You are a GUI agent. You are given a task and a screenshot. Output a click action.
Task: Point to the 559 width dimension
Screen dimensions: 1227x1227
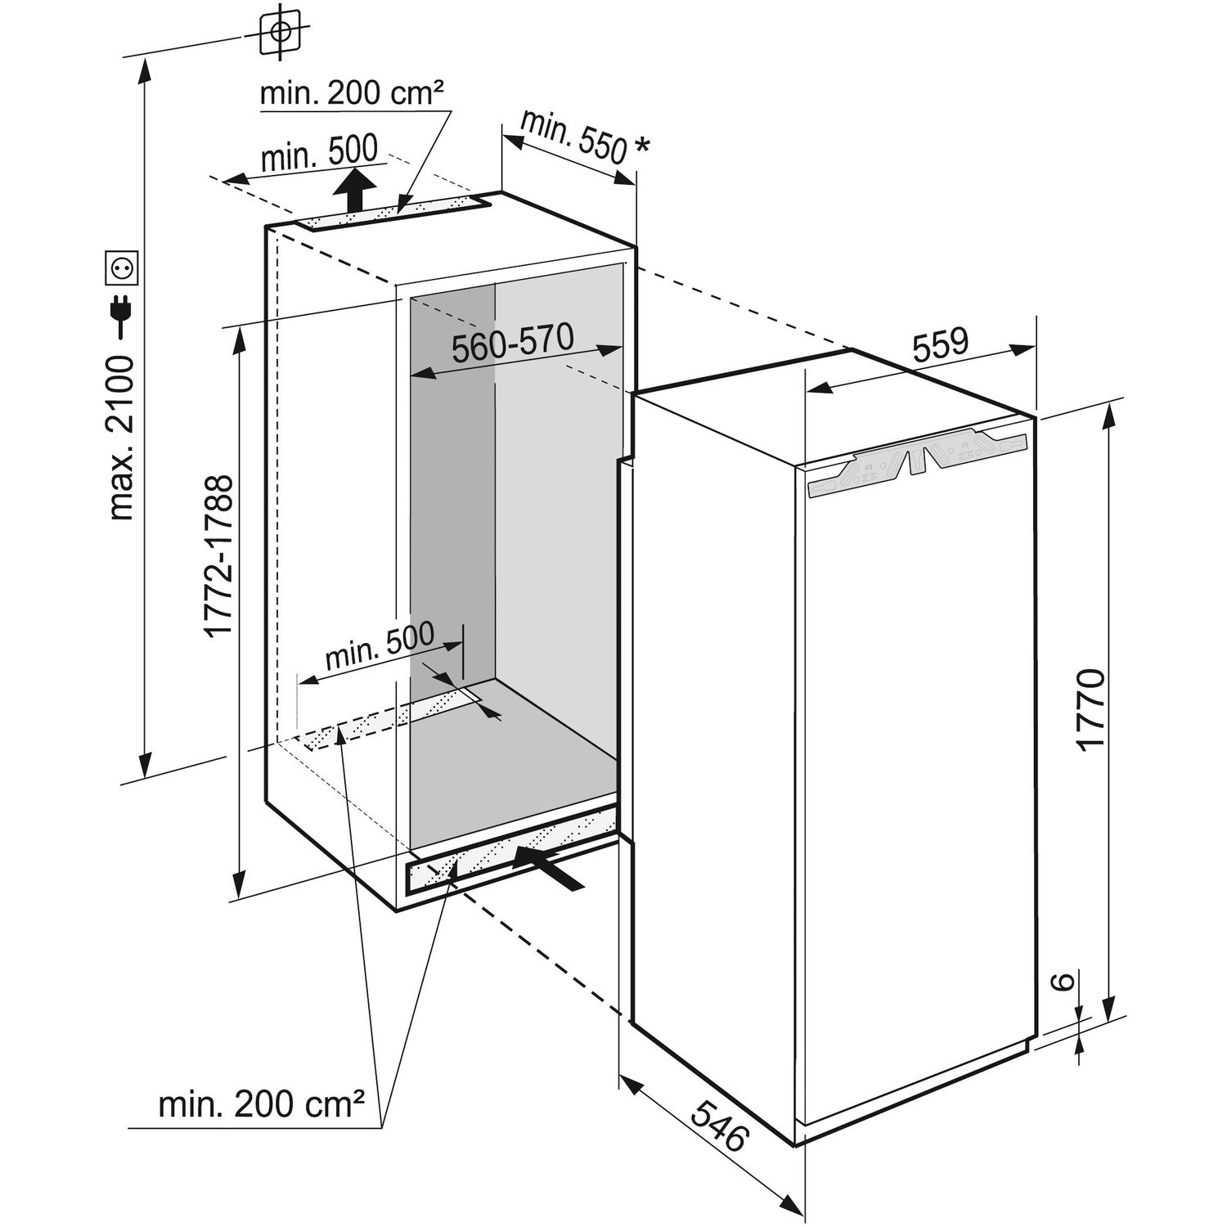(x=940, y=345)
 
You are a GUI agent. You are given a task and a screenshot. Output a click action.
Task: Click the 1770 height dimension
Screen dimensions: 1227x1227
(x=1091, y=708)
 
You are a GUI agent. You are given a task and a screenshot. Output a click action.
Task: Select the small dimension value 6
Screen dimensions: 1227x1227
(x=1060, y=982)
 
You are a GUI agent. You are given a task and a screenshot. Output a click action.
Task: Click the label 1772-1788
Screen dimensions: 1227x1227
(x=218, y=556)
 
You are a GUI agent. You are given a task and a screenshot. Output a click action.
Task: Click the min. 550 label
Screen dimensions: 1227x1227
(x=573, y=135)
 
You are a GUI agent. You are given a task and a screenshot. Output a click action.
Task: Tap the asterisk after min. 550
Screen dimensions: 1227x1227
(x=642, y=147)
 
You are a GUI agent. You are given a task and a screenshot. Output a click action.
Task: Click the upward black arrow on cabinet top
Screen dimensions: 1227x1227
(x=353, y=190)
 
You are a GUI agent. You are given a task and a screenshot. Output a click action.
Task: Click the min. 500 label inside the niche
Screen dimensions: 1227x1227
(x=380, y=647)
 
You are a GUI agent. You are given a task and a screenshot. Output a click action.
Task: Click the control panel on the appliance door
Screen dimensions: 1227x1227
(x=916, y=463)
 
